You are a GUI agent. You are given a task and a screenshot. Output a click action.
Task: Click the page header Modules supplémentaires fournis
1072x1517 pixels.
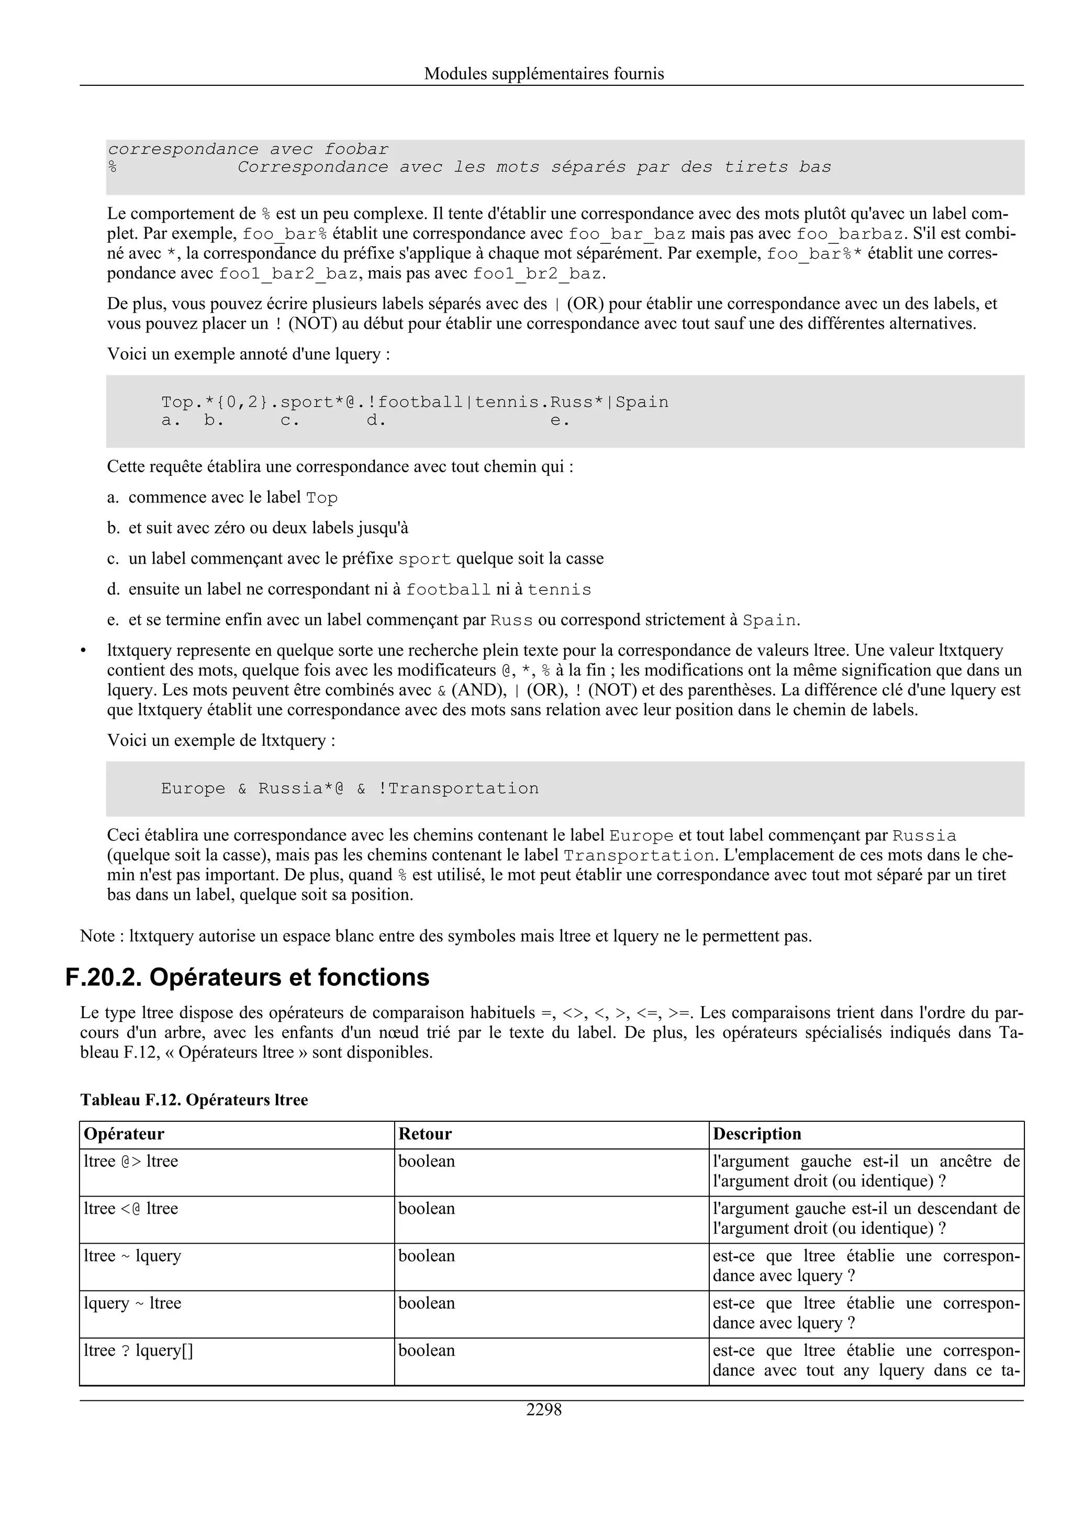[x=544, y=73]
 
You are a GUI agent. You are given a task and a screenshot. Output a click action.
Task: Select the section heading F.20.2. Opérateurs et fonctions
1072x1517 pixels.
[x=247, y=977]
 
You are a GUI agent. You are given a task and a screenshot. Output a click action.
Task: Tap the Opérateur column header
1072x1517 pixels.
[x=124, y=1134]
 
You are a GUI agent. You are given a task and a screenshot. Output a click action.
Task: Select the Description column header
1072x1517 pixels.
[x=756, y=1134]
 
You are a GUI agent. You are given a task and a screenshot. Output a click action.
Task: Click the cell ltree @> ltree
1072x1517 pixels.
[x=131, y=1162]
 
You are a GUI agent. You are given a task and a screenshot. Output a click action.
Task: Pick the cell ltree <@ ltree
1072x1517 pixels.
[x=131, y=1209]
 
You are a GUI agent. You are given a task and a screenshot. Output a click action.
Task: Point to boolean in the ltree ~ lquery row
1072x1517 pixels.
[x=426, y=1255]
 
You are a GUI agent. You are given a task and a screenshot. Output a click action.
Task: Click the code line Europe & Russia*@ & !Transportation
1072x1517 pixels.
[x=350, y=788]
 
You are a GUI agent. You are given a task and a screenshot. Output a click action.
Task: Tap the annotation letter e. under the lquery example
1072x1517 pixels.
[x=560, y=420]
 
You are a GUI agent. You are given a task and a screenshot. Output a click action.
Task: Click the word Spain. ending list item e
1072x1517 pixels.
[x=771, y=620]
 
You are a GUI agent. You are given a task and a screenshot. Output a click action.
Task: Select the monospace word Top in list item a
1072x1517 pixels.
[x=322, y=498]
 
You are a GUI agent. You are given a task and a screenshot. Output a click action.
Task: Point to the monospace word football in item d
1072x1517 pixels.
[x=448, y=590]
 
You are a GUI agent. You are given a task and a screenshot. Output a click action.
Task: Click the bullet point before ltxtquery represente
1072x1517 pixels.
[x=83, y=651]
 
